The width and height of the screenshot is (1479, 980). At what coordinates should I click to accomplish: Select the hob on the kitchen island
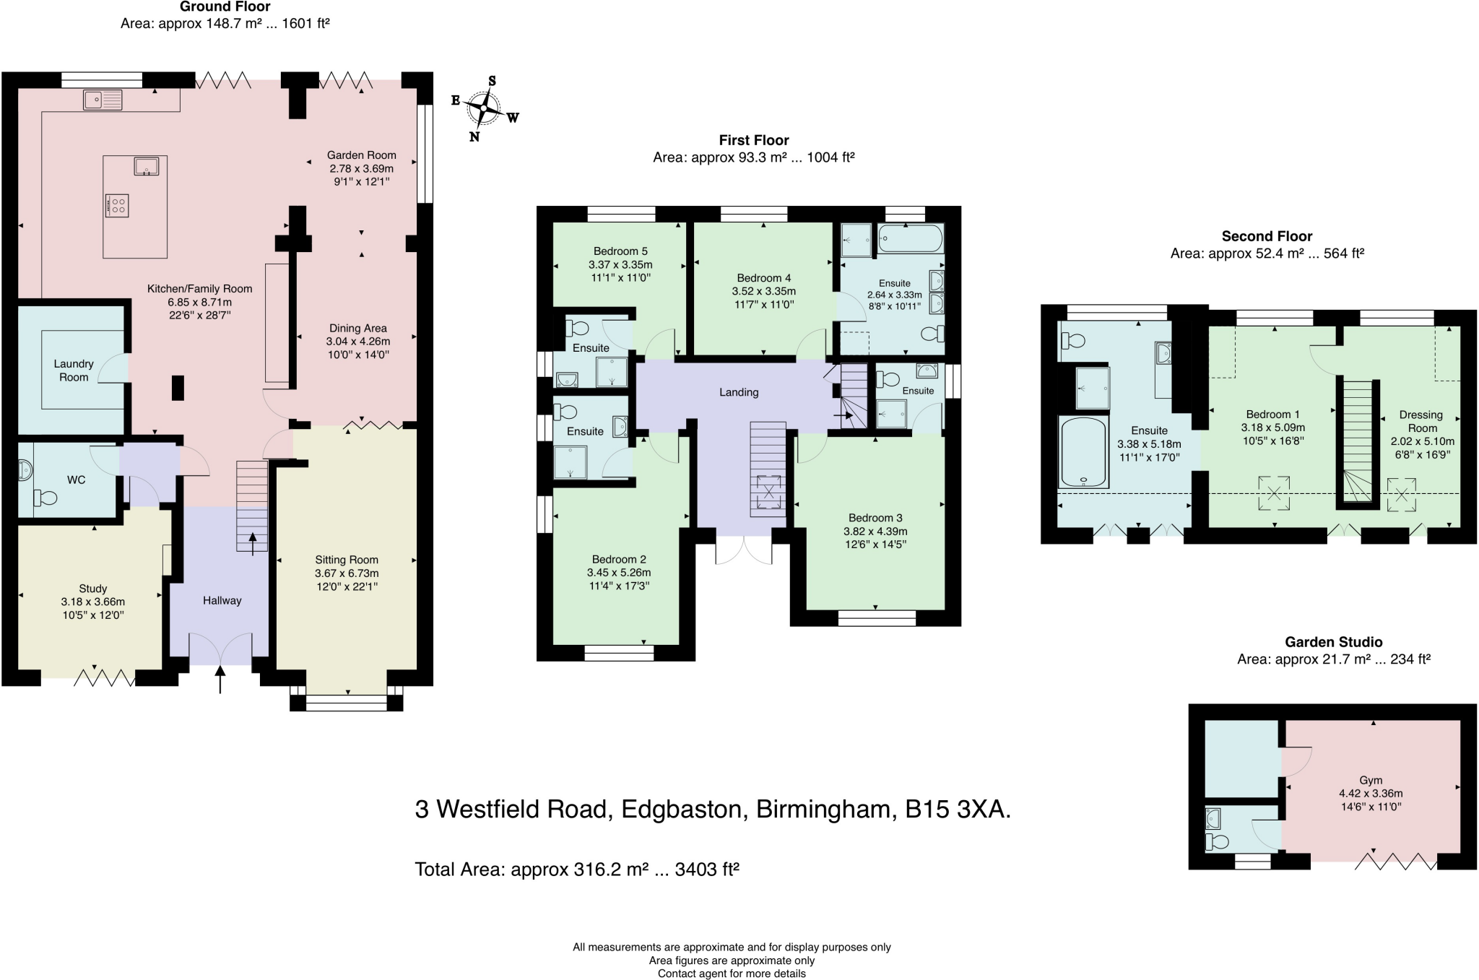click(117, 205)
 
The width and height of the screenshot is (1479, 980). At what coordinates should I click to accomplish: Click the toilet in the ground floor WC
click(45, 497)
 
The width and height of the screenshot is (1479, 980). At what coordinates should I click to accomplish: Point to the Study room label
click(93, 589)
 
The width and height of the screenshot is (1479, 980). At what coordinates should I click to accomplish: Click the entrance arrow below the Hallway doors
click(220, 680)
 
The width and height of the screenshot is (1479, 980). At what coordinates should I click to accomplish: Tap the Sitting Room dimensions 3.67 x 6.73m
click(347, 573)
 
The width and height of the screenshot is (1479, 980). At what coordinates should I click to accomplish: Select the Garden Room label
click(361, 155)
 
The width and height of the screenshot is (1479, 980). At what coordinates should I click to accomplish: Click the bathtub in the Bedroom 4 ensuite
click(910, 238)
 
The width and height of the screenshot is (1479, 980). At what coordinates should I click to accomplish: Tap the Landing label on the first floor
click(739, 392)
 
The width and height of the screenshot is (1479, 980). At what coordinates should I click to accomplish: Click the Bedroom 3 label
click(875, 518)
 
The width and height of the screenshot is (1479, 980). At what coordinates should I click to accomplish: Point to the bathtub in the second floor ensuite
click(1083, 451)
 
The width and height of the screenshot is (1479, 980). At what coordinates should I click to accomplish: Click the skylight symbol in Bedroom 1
click(1275, 493)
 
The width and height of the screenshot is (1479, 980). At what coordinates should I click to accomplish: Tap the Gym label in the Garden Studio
click(1370, 780)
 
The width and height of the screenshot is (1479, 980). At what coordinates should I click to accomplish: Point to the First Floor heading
click(753, 140)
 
